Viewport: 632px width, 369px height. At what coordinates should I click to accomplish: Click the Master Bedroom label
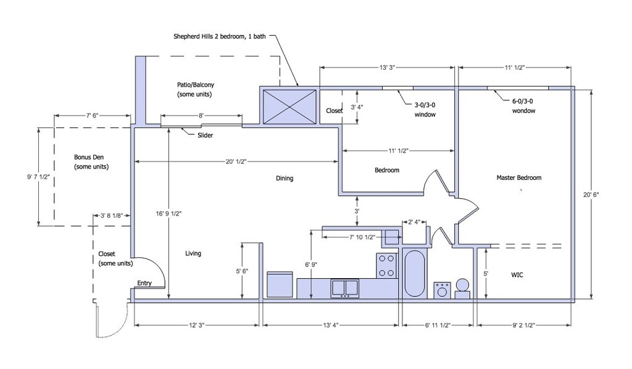pyautogui.click(x=518, y=177)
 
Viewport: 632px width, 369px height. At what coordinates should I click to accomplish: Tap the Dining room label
pyautogui.click(x=285, y=178)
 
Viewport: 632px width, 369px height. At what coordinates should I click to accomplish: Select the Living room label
pyautogui.click(x=193, y=253)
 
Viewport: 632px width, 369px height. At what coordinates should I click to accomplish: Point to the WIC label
pyautogui.click(x=517, y=275)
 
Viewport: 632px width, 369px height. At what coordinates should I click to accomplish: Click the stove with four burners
pyautogui.click(x=386, y=266)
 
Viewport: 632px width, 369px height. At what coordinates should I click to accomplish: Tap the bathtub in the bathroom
pyautogui.click(x=414, y=274)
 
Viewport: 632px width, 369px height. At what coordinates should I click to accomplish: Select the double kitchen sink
pyautogui.click(x=345, y=288)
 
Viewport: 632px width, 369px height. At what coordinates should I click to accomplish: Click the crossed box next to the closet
pyautogui.click(x=289, y=106)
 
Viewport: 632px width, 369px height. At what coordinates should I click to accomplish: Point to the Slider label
pyautogui.click(x=205, y=135)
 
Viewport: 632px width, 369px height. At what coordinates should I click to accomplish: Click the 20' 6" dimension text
pyautogui.click(x=591, y=194)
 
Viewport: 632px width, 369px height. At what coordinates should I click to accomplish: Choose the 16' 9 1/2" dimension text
pyautogui.click(x=169, y=214)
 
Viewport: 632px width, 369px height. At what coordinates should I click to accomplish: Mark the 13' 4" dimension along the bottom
pyautogui.click(x=331, y=325)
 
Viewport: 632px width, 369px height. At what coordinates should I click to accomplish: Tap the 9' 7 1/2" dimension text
pyautogui.click(x=39, y=177)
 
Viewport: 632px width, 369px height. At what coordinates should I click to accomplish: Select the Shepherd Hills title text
pyautogui.click(x=220, y=36)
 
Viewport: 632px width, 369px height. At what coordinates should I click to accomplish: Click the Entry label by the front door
pyautogui.click(x=144, y=283)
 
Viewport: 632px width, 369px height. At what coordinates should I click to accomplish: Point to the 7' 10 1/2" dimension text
pyautogui.click(x=362, y=237)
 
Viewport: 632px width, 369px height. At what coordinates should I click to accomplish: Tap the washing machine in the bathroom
pyautogui.click(x=442, y=291)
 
